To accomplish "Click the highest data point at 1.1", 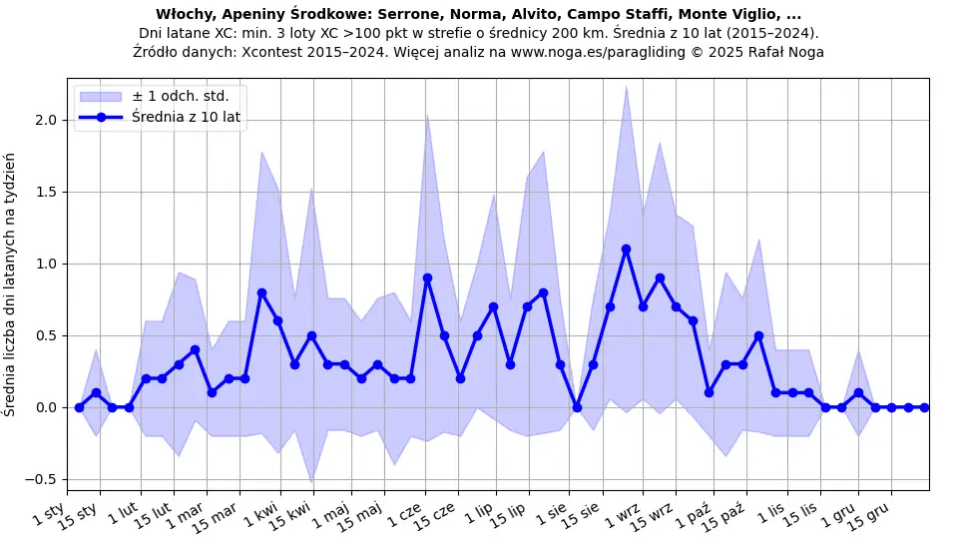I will [626, 250].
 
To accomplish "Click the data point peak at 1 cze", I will [427, 278].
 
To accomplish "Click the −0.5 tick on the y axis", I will [43, 479].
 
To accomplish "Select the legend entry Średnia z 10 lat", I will [186, 118].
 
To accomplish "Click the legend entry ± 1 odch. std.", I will [180, 97].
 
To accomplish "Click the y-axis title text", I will [11, 284].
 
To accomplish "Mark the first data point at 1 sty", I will [79, 407].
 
